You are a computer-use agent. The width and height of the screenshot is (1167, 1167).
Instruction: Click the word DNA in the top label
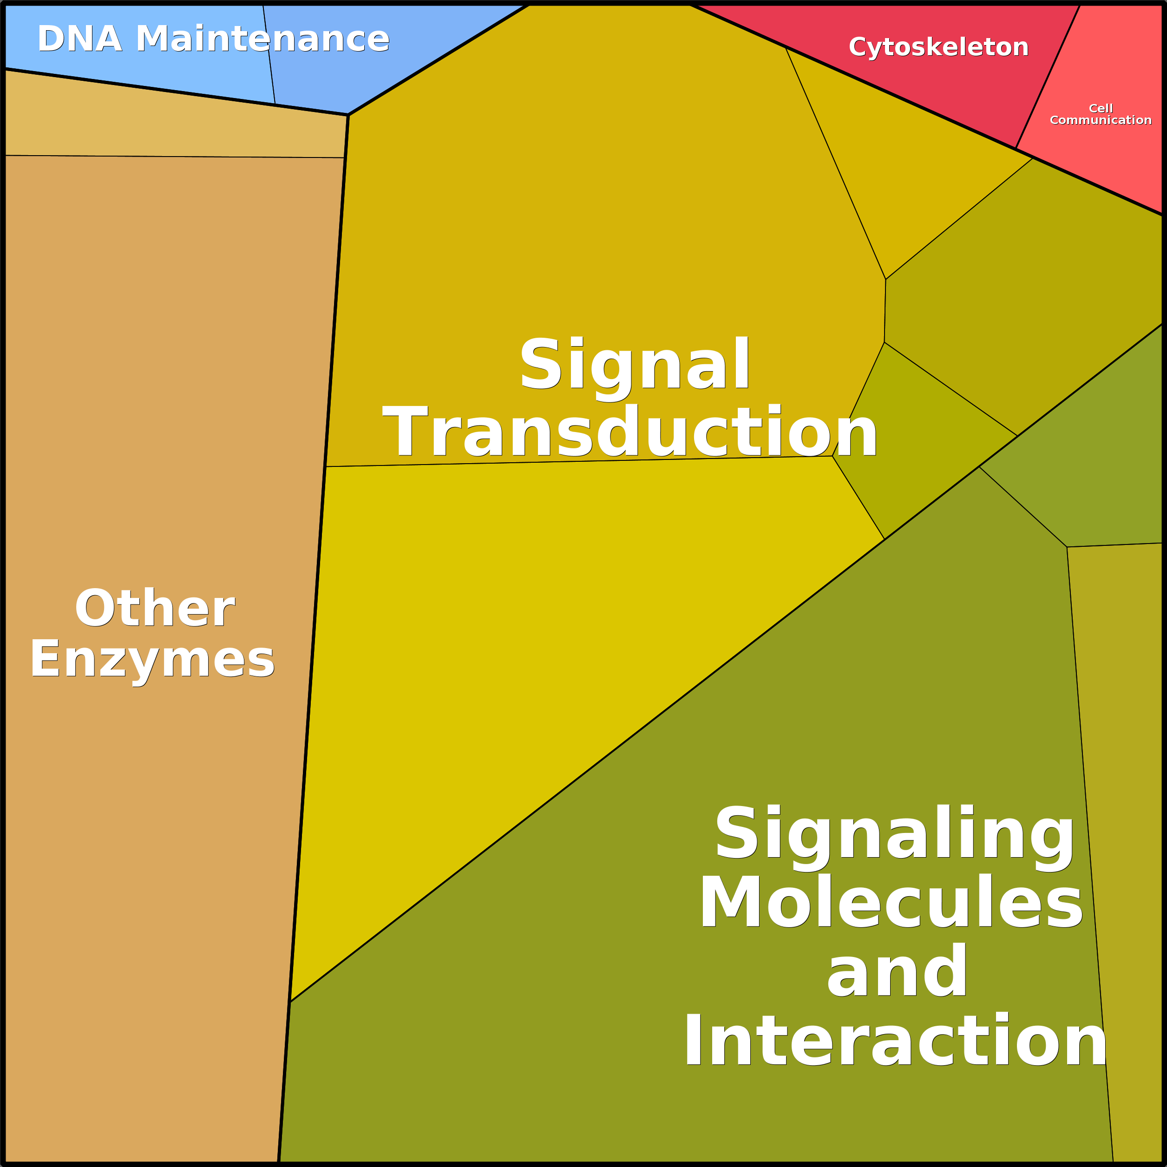click(79, 39)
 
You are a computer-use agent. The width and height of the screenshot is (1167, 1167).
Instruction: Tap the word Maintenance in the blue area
click(262, 39)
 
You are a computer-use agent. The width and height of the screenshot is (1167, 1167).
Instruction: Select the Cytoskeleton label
click(938, 47)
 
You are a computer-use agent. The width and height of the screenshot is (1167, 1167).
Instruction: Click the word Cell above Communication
click(1101, 108)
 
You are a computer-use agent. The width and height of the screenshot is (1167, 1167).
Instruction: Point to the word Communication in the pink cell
click(1101, 120)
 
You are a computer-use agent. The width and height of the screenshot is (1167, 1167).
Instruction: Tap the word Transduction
click(630, 433)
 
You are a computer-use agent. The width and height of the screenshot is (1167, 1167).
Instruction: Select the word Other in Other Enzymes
click(155, 609)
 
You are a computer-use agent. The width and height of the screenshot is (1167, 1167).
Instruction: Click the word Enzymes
click(152, 660)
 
